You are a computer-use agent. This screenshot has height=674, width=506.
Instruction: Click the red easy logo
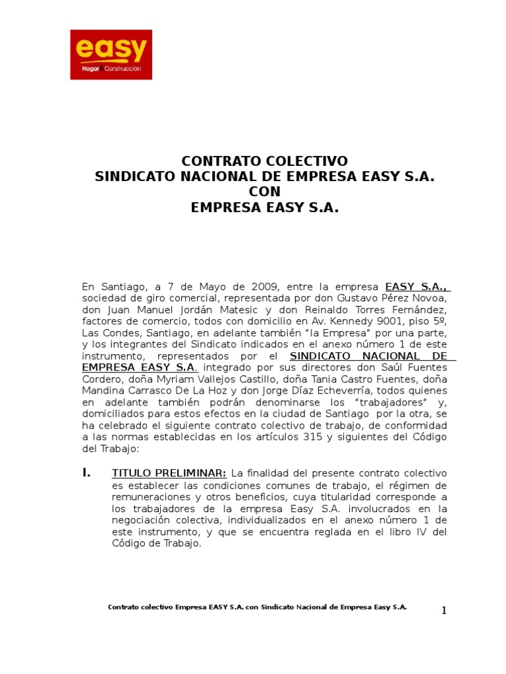click(x=111, y=55)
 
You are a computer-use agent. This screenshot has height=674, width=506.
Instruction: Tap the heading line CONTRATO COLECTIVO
click(x=264, y=161)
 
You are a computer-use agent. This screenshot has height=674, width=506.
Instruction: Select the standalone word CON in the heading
click(x=264, y=192)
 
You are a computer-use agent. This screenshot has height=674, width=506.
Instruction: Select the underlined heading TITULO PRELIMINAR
click(x=169, y=473)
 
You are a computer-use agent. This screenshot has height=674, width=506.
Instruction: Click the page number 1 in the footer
click(x=443, y=610)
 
